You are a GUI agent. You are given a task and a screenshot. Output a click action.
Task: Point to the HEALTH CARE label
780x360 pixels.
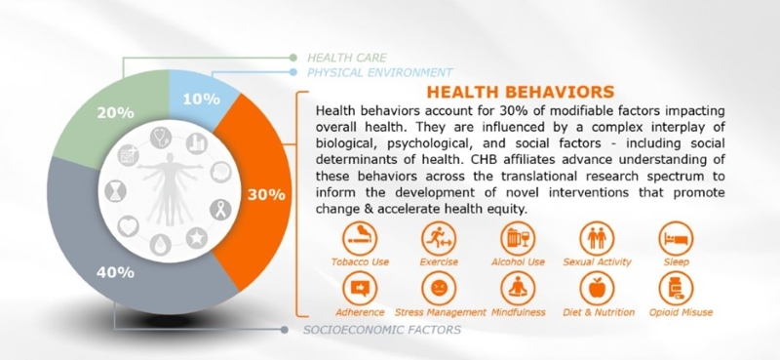point(348,58)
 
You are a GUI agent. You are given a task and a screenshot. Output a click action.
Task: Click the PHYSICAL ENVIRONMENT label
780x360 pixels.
point(379,72)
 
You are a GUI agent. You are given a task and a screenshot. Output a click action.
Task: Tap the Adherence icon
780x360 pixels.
point(359,288)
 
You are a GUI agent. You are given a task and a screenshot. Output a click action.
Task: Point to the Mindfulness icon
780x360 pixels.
point(516,288)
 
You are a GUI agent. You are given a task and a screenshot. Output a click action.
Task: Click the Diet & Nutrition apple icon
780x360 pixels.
point(596,288)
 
